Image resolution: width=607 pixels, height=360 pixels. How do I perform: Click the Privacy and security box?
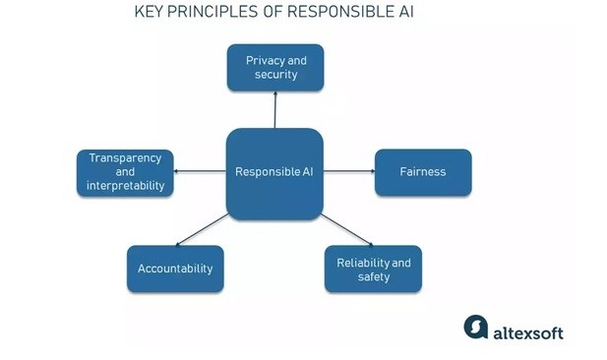275,67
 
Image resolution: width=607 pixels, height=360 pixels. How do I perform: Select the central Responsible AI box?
274,172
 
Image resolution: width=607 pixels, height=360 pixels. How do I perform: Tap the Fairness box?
423,172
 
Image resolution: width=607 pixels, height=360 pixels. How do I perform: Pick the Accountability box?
175,269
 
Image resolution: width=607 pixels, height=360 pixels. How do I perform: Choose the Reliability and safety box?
374,269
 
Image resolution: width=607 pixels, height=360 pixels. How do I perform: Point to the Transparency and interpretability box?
125,172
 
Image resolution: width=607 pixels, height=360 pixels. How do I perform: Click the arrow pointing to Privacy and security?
275,110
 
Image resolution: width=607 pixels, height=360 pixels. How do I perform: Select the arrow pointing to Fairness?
349,172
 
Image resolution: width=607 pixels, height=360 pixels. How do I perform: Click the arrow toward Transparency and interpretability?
201,172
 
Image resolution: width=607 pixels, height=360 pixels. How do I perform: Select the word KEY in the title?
150,13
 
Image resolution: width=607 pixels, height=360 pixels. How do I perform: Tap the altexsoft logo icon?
476,327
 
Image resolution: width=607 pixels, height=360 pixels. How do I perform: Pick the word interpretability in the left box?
125,186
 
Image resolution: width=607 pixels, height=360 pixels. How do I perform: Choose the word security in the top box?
276,75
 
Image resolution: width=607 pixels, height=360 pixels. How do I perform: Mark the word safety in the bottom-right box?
374,276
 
